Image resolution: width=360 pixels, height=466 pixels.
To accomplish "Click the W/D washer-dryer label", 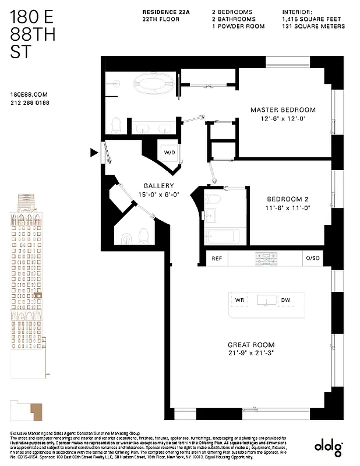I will click(169, 153).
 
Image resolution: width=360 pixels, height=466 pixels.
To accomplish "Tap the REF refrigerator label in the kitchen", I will click(217, 258).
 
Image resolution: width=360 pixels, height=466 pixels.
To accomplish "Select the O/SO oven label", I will click(312, 258).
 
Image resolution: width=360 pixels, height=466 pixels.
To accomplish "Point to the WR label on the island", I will click(239, 300).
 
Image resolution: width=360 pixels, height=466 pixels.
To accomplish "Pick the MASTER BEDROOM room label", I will click(283, 110).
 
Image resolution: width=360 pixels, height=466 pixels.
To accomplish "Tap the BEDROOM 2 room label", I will click(284, 198).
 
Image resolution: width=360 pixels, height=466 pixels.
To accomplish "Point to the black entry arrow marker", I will click(93, 153).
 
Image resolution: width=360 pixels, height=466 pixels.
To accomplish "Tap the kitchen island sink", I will click(267, 300).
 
